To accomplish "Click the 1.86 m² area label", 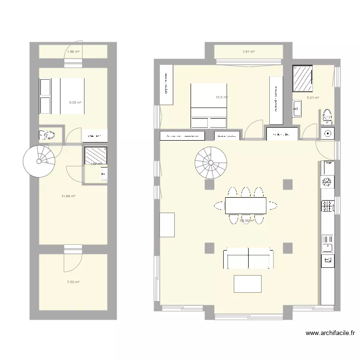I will [x=72, y=51].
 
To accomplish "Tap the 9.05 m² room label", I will [x=75, y=102].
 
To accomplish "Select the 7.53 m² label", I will [x=73, y=282].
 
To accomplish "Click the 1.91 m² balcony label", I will [x=248, y=51].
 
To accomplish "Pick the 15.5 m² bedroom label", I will [x=221, y=97].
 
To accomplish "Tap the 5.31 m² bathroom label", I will [x=313, y=98].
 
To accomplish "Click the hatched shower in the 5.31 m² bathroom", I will [x=302, y=78].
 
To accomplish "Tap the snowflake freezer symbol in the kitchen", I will [x=327, y=181].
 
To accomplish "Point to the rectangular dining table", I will [x=245, y=205].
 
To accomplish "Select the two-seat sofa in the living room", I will [x=248, y=259].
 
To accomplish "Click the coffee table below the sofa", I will [x=248, y=284].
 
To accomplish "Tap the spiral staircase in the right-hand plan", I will [x=210, y=163].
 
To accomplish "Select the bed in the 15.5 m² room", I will [x=208, y=106].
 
